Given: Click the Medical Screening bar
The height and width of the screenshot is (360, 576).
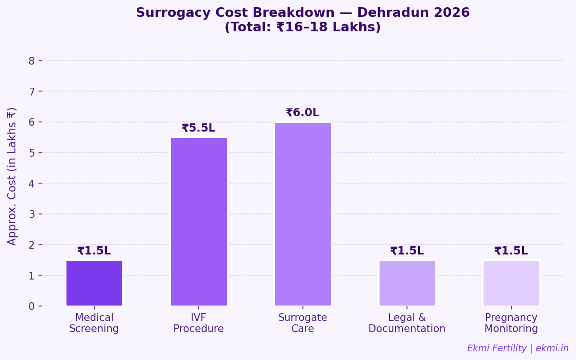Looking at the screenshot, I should pos(94,283).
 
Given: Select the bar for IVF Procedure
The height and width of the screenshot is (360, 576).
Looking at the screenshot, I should pos(198,222).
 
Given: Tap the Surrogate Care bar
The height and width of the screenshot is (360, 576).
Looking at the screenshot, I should pos(302,214).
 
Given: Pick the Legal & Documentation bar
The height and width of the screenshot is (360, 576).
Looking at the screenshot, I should pos(407,283).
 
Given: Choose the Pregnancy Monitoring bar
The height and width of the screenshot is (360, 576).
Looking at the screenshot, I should pos(511,283).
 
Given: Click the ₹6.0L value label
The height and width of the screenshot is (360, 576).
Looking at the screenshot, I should pos(302,113).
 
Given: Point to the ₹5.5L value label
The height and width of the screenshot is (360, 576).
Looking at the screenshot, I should pos(198,128).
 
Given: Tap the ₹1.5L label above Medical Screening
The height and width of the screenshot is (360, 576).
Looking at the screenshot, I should pos(94,251).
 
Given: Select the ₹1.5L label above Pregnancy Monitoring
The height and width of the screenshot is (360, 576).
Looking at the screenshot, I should pos(511,251).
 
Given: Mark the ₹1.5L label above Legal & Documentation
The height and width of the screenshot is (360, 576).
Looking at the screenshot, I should pos(407,251).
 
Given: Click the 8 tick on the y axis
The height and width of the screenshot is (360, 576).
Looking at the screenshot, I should pos(32,61).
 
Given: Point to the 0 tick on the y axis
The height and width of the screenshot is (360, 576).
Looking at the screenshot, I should pos(32,306).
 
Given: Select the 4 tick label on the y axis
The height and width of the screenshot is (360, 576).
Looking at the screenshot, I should pos(32,184).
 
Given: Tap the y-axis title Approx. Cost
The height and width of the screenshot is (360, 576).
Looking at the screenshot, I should pos(12,176).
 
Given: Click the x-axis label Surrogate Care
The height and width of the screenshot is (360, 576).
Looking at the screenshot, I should pos(302,323).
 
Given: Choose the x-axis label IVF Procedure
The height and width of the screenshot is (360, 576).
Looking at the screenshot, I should pos(198,323).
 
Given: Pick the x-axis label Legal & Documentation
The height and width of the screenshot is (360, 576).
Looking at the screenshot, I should pos(407,323).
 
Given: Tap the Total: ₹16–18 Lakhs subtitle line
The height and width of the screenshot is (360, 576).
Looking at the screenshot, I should pos(302,27).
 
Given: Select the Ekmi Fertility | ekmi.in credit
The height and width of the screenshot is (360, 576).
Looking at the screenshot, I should pos(518,348).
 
